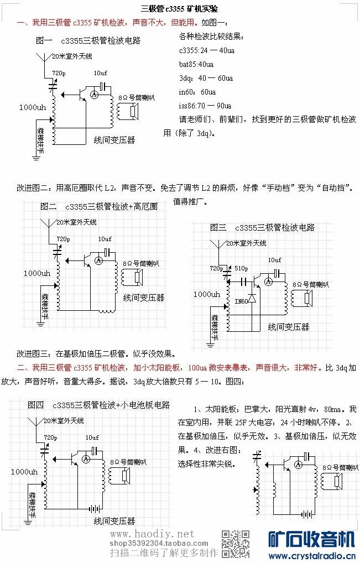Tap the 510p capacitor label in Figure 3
241,268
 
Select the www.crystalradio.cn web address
311,555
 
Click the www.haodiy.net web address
153,534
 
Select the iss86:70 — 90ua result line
205,105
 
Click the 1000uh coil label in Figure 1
32,107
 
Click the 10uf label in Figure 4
92,437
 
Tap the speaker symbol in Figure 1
132,112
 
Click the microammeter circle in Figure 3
269,282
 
